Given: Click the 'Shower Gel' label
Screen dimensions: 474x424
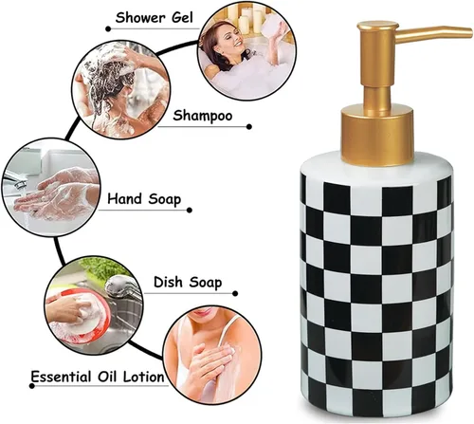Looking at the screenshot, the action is click(154, 18).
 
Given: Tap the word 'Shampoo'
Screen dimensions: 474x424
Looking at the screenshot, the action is click(203, 116).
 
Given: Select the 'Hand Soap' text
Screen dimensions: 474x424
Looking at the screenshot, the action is click(144, 199).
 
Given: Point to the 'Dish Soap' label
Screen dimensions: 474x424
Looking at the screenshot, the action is click(188, 283).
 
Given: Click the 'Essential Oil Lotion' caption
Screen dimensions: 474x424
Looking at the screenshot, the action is click(98, 377).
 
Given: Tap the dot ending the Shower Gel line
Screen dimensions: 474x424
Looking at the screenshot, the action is click(108, 29).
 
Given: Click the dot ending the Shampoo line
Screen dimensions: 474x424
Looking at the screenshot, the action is click(249, 127).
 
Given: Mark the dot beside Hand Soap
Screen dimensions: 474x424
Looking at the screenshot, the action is click(190, 211).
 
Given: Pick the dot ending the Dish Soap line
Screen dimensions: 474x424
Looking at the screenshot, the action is click(235, 294).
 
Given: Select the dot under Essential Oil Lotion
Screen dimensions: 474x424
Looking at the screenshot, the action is click(31, 386).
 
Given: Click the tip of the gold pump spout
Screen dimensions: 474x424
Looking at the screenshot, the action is click(469, 31).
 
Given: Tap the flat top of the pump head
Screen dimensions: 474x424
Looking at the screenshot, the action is click(377, 25).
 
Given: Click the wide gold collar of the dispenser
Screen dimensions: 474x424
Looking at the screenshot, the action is click(377, 136).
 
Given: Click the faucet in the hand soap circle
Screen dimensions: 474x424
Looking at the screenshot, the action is click(14, 181).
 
